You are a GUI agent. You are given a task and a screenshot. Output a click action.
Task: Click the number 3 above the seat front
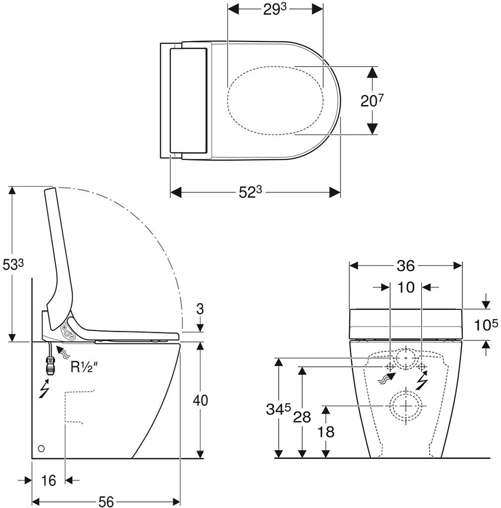pyautogui.click(x=200, y=309)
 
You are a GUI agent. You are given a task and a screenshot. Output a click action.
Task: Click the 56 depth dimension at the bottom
pyautogui.click(x=106, y=501)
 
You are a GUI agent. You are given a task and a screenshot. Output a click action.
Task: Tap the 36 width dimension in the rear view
pyautogui.click(x=405, y=265)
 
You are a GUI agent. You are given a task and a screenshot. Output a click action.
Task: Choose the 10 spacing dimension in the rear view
pyautogui.click(x=406, y=287)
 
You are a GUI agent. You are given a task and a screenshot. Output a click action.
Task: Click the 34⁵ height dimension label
pyautogui.click(x=278, y=410)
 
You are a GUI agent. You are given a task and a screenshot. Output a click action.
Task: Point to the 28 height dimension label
pyautogui.click(x=302, y=417)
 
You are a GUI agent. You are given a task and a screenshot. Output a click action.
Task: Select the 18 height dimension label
pyautogui.click(x=326, y=431)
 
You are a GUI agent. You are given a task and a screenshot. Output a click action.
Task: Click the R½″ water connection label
pyautogui.click(x=84, y=367)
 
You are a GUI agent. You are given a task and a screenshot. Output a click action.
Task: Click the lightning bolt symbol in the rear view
pyautogui.click(x=422, y=380)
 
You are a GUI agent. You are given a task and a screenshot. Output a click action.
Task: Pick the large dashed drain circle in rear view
pyautogui.click(x=405, y=405)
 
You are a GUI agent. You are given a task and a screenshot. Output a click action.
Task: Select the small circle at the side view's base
pyautogui.click(x=41, y=448)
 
